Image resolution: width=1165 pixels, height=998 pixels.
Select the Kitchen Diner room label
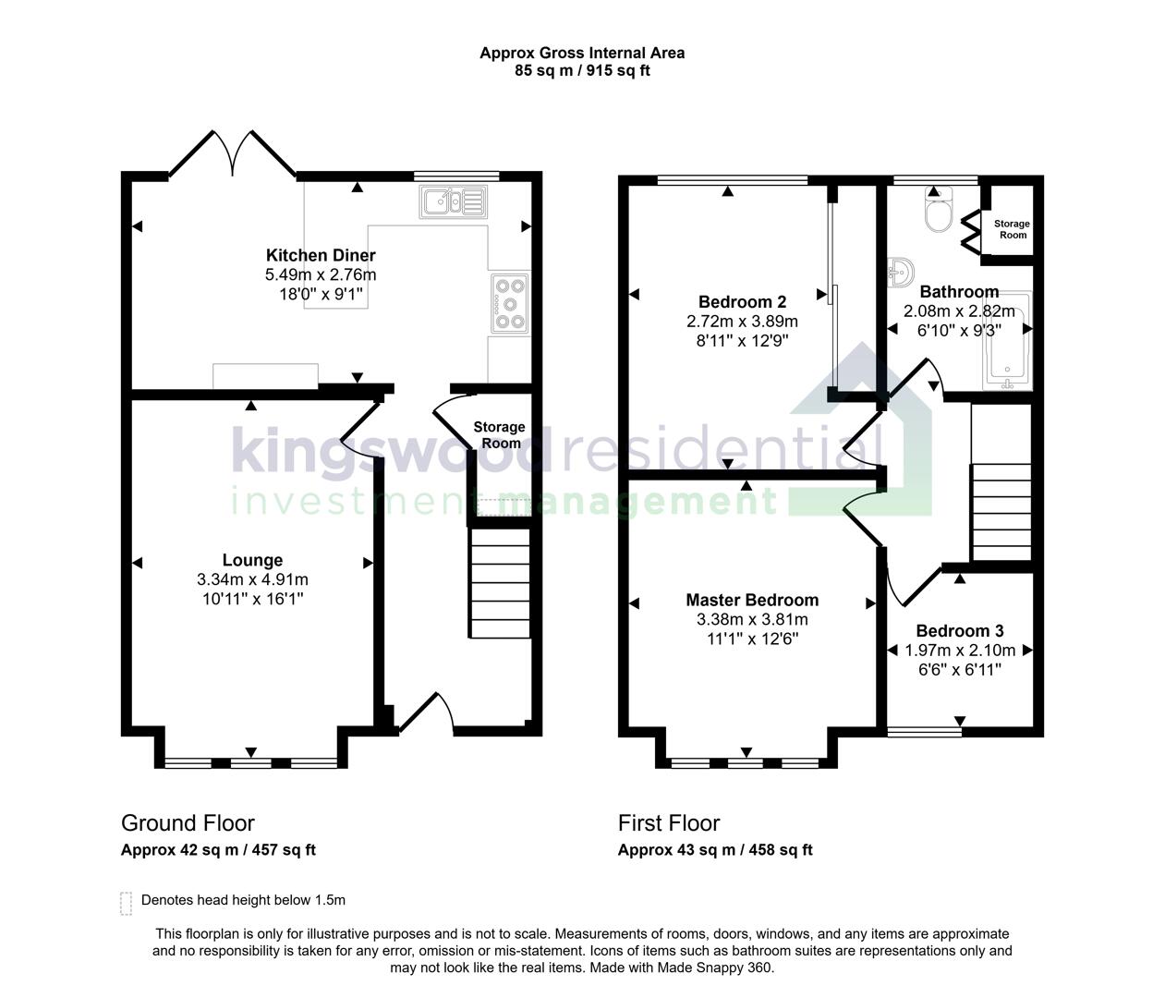(x=321, y=255)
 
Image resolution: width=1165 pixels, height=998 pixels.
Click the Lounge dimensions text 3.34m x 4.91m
(x=252, y=579)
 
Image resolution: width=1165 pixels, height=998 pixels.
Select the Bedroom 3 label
(x=960, y=631)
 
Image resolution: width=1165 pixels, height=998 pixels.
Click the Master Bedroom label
(x=752, y=600)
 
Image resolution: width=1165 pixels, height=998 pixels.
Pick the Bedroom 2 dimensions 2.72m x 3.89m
(x=742, y=322)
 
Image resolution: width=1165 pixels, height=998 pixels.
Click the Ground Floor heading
(x=188, y=822)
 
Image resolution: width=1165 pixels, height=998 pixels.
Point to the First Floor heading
(x=669, y=822)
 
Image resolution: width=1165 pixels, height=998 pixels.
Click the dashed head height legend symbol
(x=127, y=902)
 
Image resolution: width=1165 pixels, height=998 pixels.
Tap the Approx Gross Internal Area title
(x=582, y=53)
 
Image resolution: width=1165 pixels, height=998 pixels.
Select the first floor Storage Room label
(x=1012, y=229)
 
